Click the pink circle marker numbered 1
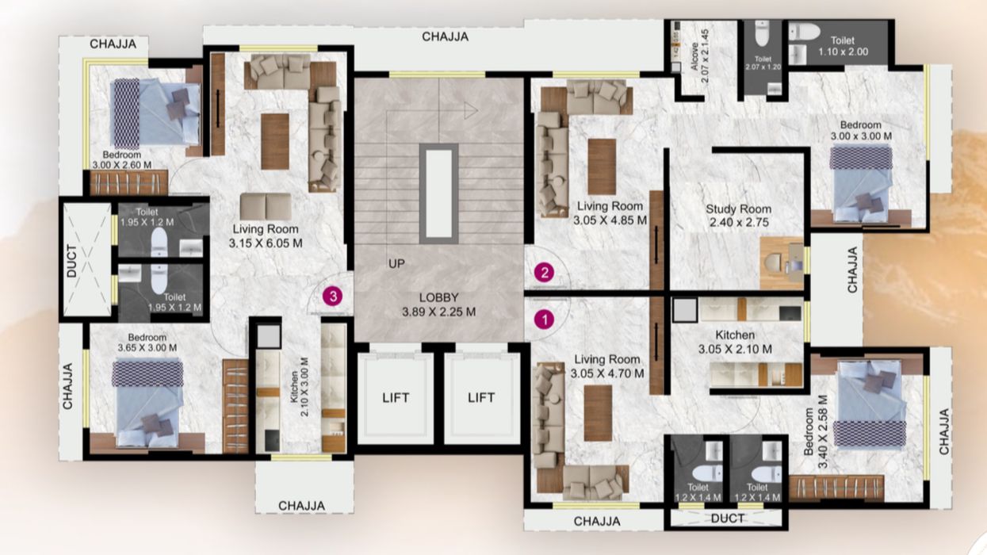coord(544,320)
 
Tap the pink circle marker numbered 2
coord(544,273)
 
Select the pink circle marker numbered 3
coord(333,297)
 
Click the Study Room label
coord(739,209)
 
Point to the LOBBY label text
coord(438,297)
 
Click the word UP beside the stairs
coord(396,263)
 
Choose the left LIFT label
coord(396,398)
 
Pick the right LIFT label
coord(481,398)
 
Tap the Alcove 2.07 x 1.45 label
coord(700,56)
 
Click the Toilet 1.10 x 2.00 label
coord(844,46)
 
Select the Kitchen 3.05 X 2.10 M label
coord(735,342)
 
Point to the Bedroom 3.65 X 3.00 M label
coord(147,343)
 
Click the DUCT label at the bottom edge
coord(728,519)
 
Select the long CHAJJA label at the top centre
coord(445,36)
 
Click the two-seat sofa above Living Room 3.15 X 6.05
coord(266,206)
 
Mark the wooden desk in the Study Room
coord(782,262)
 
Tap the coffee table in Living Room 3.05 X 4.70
coord(598,413)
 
